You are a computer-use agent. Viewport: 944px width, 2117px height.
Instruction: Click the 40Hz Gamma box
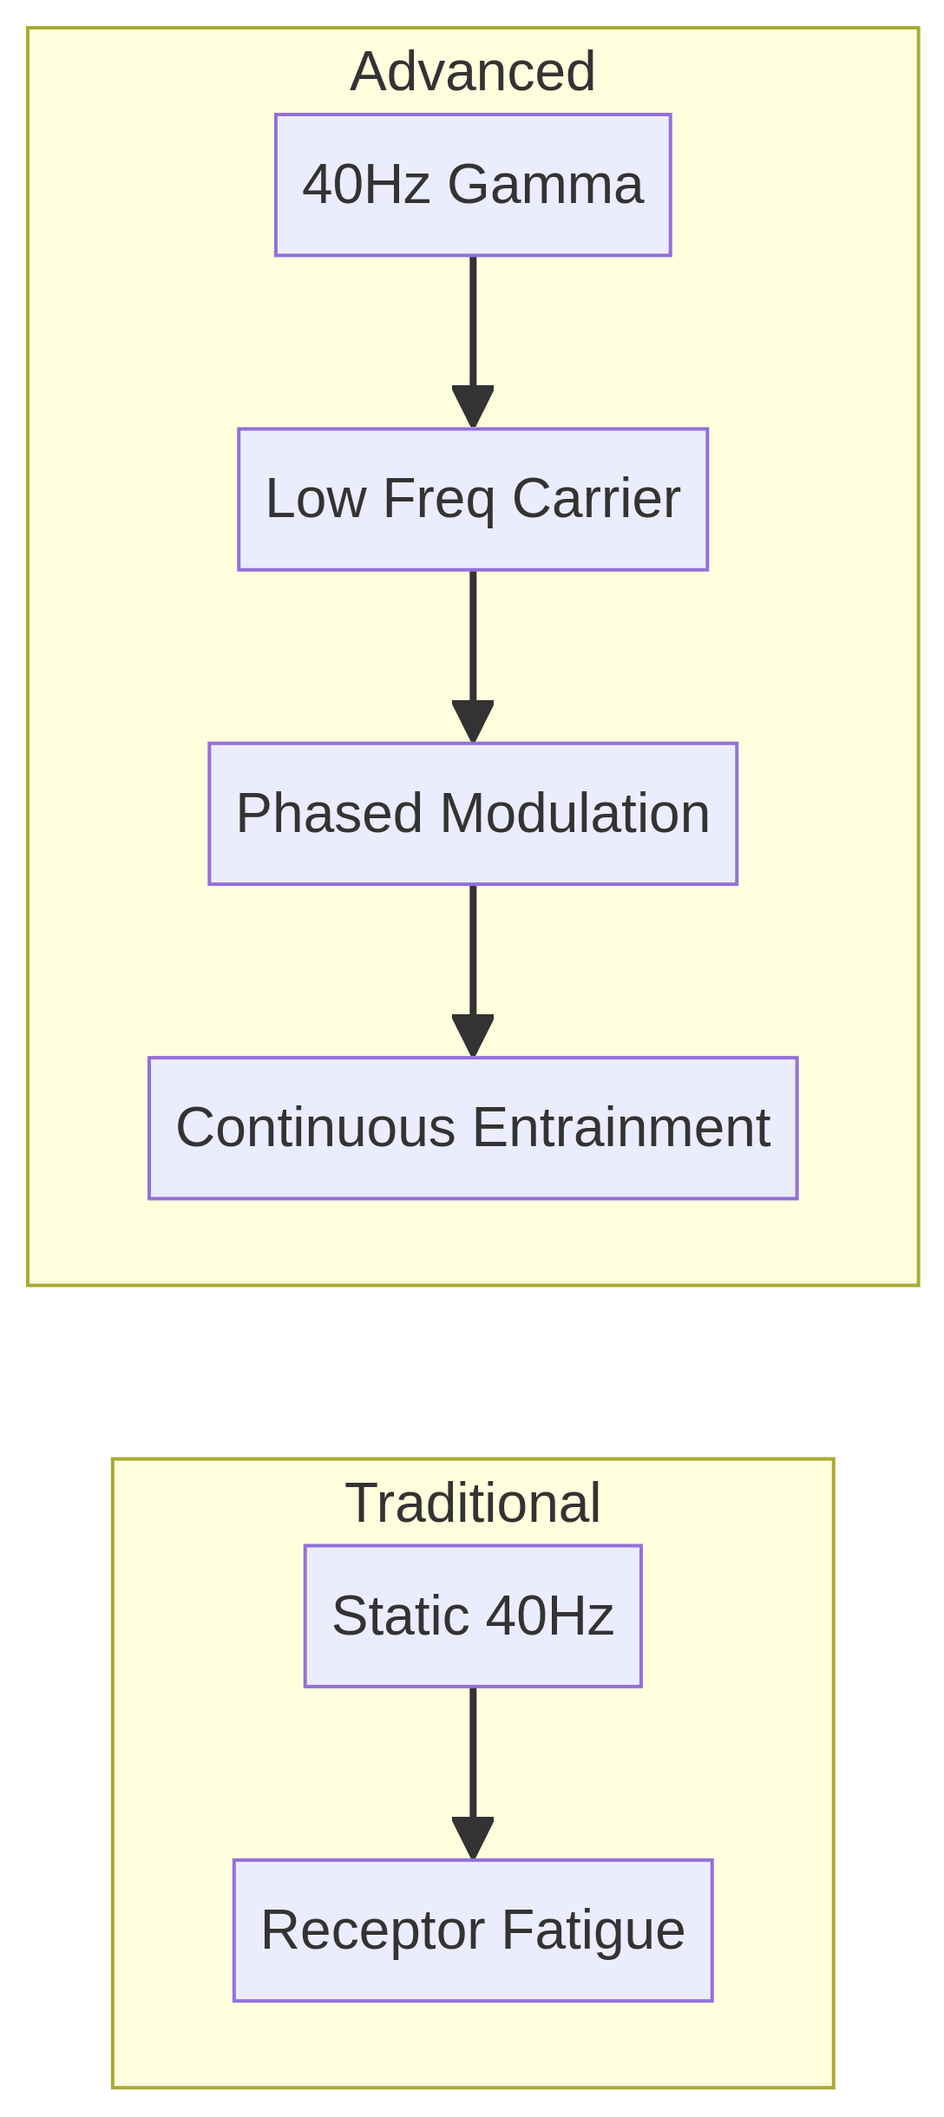point(473,185)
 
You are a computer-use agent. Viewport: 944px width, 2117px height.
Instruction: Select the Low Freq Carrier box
point(473,499)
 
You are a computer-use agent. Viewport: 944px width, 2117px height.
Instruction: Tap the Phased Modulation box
point(473,814)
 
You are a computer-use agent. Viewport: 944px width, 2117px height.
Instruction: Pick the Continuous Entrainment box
point(473,1128)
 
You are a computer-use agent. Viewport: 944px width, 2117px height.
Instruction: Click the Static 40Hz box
point(473,1616)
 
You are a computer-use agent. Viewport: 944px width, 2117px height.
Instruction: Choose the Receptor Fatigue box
point(473,1930)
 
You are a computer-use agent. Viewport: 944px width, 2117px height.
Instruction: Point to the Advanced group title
point(473,71)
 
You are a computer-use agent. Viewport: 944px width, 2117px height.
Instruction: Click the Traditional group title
point(473,1503)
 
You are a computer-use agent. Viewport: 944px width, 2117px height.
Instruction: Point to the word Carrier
point(596,499)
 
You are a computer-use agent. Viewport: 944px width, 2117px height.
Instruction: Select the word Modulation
point(574,814)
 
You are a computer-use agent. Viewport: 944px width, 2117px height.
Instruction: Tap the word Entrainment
point(621,1128)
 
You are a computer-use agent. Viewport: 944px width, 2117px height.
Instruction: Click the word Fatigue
point(593,1930)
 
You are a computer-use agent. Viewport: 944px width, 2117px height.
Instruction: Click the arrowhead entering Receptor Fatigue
point(473,1839)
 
